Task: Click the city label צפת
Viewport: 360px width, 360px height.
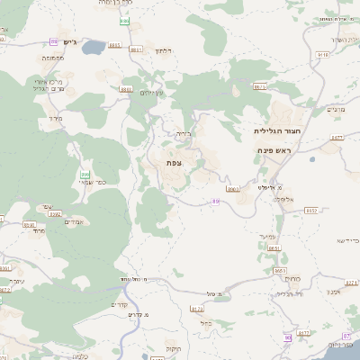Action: click(x=175, y=162)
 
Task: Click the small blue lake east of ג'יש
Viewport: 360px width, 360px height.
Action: click(x=94, y=48)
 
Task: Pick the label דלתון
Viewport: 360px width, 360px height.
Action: click(x=162, y=51)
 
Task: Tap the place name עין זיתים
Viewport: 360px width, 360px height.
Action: click(x=154, y=94)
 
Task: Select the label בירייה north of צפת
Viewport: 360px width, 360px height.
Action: click(x=183, y=134)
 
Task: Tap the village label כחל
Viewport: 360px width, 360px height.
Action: click(x=205, y=322)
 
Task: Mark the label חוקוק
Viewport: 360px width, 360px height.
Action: click(x=172, y=347)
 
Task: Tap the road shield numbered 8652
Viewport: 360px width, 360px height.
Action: click(x=311, y=210)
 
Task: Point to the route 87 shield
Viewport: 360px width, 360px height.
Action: click(x=302, y=333)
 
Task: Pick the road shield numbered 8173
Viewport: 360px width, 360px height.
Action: click(x=197, y=309)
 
